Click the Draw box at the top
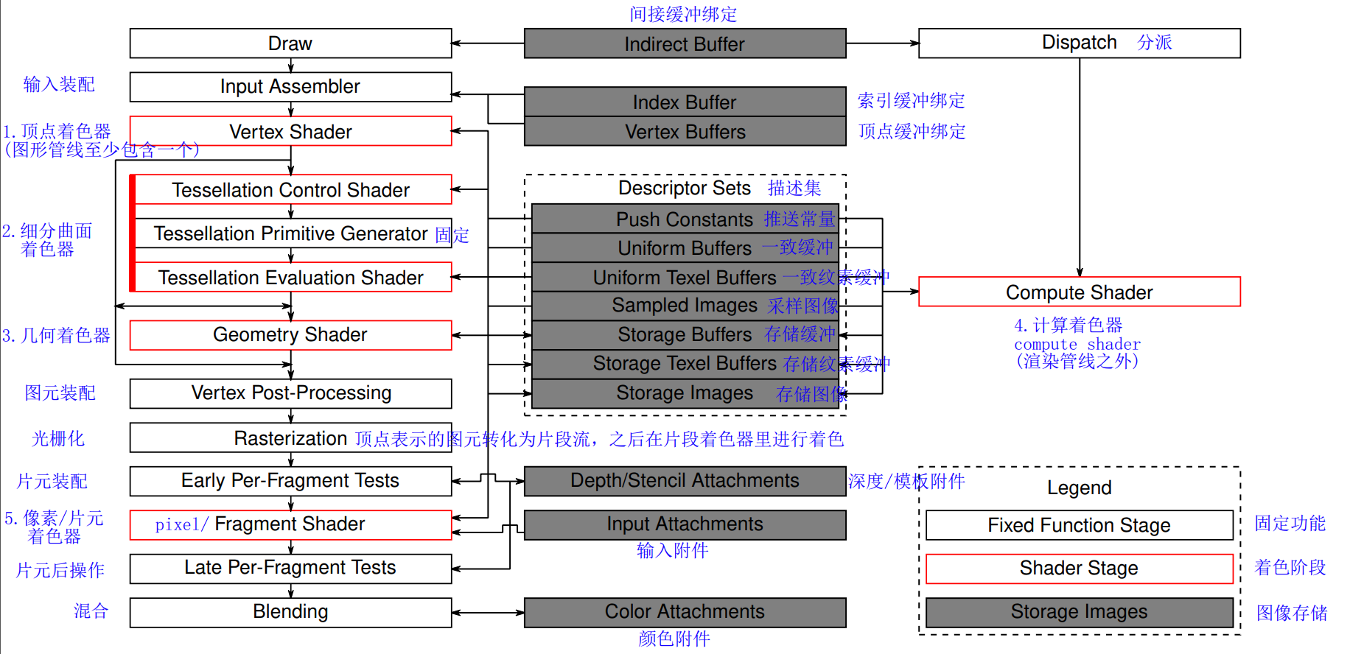pyautogui.click(x=290, y=43)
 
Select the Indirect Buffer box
pyautogui.click(x=685, y=44)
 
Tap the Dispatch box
pyautogui.click(x=1079, y=43)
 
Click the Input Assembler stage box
pyautogui.click(x=290, y=87)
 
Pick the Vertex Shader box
pyautogui.click(x=290, y=131)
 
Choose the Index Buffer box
pyautogui.click(x=685, y=102)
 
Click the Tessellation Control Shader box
pyautogui.click(x=290, y=190)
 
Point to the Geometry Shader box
pyautogui.click(x=290, y=335)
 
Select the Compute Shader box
pyautogui.click(x=1079, y=292)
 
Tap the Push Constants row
pyautogui.click(x=685, y=219)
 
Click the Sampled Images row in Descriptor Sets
pyautogui.click(x=685, y=306)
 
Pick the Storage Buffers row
pyautogui.click(x=685, y=335)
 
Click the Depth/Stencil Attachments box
pyautogui.click(x=685, y=481)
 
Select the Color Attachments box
pyautogui.click(x=685, y=612)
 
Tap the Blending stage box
pyautogui.click(x=290, y=612)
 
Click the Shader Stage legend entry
pyautogui.click(x=1079, y=569)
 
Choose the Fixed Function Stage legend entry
pyautogui.click(x=1079, y=525)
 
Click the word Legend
pyautogui.click(x=1079, y=488)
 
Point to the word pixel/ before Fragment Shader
pyautogui.click(x=181, y=524)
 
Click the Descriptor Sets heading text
pyautogui.click(x=684, y=189)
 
